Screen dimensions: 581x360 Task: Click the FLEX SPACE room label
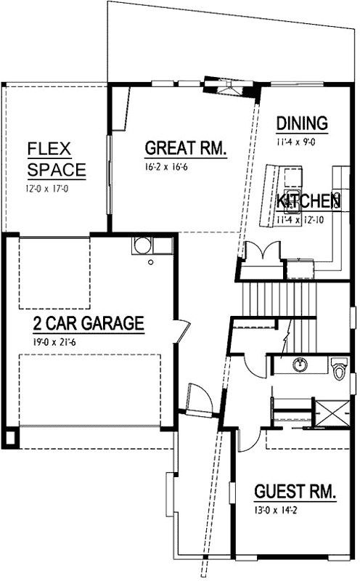pyautogui.click(x=56, y=161)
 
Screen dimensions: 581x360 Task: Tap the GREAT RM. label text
pyautogui.click(x=186, y=148)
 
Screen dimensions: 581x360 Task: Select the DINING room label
pyautogui.click(x=302, y=123)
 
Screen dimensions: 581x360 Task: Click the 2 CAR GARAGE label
pyautogui.click(x=88, y=323)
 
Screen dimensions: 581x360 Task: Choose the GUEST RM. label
pyautogui.click(x=295, y=492)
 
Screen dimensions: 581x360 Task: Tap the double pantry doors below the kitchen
pyautogui.click(x=261, y=255)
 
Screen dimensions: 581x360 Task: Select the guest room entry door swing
pyautogui.click(x=247, y=439)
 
